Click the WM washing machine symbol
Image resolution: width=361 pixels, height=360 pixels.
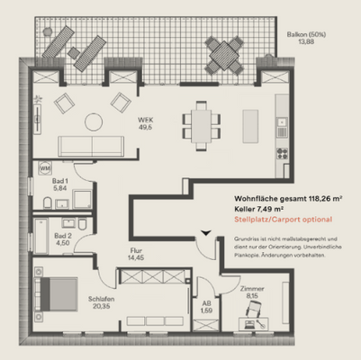(45, 168)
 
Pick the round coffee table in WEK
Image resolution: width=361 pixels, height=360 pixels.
(95, 121)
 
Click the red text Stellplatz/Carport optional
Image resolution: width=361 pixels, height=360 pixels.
(283, 219)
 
